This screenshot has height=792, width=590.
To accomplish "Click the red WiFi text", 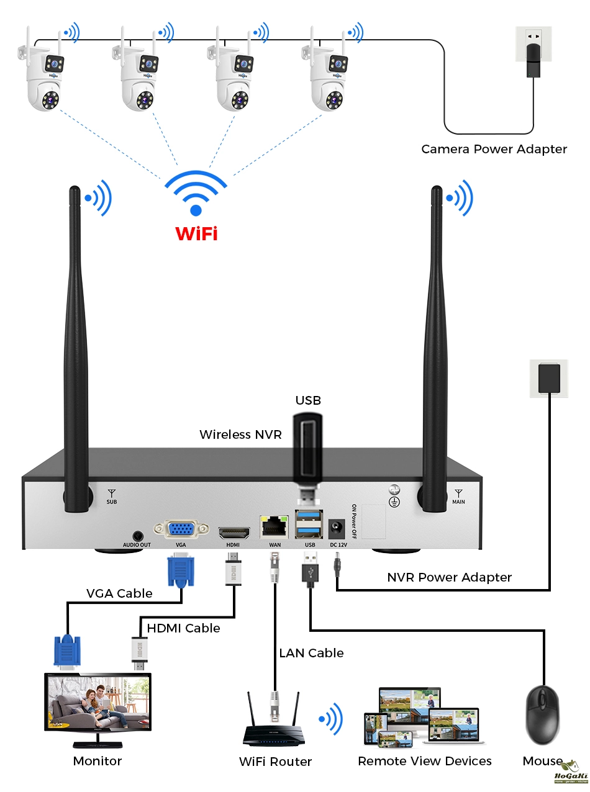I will point(196,234).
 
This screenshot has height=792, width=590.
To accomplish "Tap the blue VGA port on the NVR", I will point(181,529).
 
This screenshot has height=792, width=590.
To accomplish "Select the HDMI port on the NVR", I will point(234,532).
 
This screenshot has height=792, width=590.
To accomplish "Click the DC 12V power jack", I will point(338,529).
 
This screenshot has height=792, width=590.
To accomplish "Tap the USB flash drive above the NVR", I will point(309,450).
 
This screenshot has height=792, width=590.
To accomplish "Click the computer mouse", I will point(542,716).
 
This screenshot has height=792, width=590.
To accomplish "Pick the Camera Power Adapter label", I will point(494,149).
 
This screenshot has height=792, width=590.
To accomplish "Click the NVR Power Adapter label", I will point(449,577).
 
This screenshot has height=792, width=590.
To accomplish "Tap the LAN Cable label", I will point(311,653).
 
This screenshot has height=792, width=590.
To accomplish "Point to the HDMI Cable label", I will point(183,628).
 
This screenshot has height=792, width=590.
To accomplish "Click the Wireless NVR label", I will point(240,434).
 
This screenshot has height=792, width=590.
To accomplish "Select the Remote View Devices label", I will point(425,761).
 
